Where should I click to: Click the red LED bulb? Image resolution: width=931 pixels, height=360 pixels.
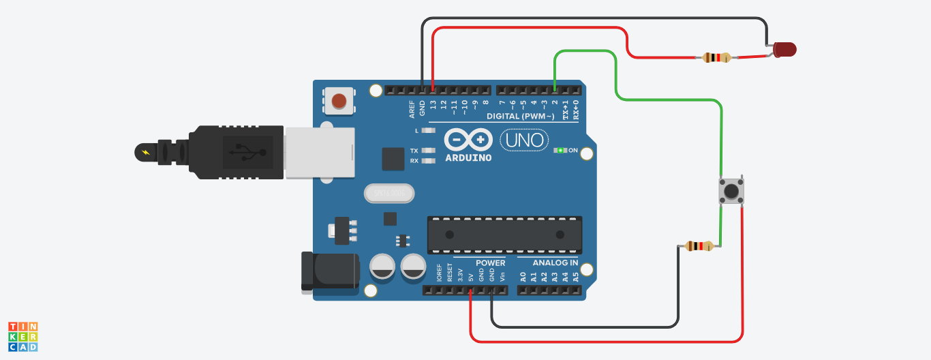pos(784,50)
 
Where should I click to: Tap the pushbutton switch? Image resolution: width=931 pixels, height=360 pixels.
pos(731,191)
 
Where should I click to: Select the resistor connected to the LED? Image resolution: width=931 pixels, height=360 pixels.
pos(716,58)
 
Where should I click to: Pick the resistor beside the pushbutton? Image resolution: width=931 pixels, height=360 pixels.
pos(699,246)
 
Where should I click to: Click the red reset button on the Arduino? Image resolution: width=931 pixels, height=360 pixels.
pos(339,102)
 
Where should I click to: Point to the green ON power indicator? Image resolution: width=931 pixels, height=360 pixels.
pos(561,150)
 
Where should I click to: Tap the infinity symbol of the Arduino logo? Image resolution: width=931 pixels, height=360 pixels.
pos(468,140)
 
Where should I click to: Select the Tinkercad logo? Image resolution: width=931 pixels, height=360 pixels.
pos(23,337)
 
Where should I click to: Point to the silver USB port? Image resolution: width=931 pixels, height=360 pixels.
pos(319,153)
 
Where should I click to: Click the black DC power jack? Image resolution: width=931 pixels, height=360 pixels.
pos(331,272)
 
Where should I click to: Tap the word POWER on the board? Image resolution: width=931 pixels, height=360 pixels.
pos(491,262)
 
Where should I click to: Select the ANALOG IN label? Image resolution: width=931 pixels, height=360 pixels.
pos(555,262)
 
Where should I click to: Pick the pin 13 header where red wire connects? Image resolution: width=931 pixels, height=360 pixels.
pos(433,90)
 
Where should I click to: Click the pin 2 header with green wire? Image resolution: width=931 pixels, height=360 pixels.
pos(555,90)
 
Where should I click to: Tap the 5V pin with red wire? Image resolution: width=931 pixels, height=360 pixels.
pos(470,290)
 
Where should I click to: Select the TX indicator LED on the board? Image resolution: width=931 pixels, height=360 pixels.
pos(428,150)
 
